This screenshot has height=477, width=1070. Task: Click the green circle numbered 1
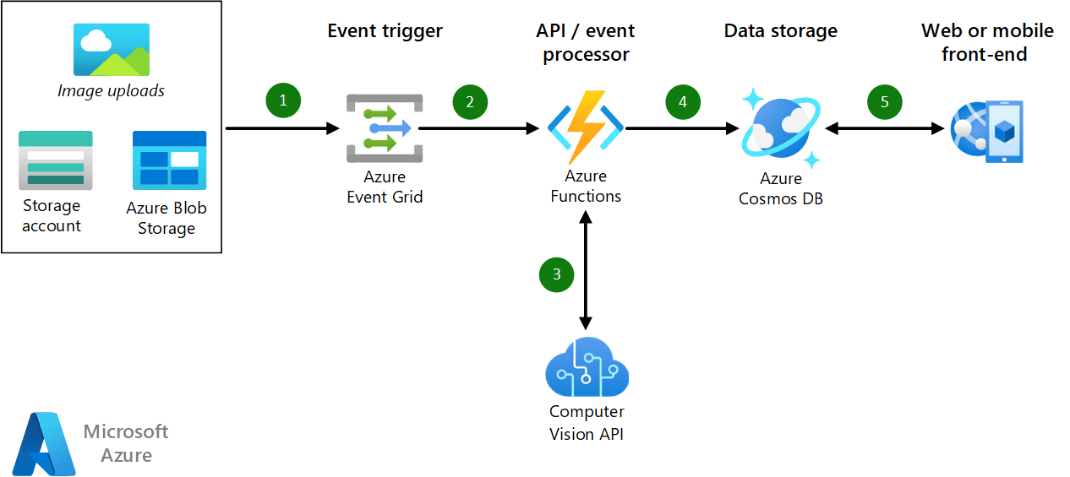point(283,100)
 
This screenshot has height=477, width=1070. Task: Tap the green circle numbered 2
point(470,102)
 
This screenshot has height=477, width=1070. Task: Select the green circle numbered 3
point(556,274)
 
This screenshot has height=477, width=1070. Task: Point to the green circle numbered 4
point(683,102)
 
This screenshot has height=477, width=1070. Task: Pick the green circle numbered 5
point(885,102)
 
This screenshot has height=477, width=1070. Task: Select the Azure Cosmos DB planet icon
point(780,127)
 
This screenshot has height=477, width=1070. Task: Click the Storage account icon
point(55,160)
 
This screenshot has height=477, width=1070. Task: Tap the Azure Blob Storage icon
point(169,160)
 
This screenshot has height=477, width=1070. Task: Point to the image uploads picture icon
point(112,50)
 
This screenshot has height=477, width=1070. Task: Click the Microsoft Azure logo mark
point(44,443)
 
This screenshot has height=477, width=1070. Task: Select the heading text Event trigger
point(385,31)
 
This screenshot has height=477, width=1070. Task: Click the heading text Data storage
point(780,31)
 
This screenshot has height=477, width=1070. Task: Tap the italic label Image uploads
point(111,90)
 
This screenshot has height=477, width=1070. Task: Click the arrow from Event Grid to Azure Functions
point(478,129)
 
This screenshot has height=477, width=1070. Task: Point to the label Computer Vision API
point(587,423)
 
